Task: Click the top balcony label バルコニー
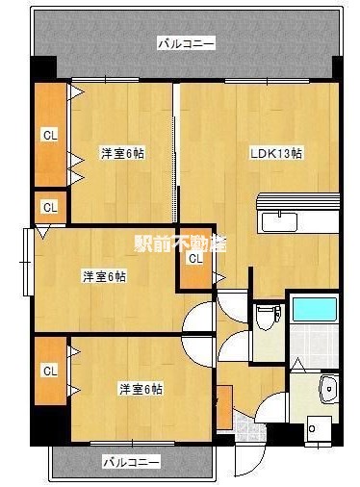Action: (186, 42)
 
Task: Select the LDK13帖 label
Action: (277, 153)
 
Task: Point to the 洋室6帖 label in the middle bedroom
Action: (103, 277)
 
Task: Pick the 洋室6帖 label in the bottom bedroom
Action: (141, 388)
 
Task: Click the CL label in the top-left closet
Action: (49, 136)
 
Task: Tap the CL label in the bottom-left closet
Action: (49, 371)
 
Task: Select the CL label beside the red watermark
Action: (195, 258)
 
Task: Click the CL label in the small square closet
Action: (49, 207)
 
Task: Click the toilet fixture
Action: (270, 315)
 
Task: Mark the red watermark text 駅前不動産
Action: (180, 243)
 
